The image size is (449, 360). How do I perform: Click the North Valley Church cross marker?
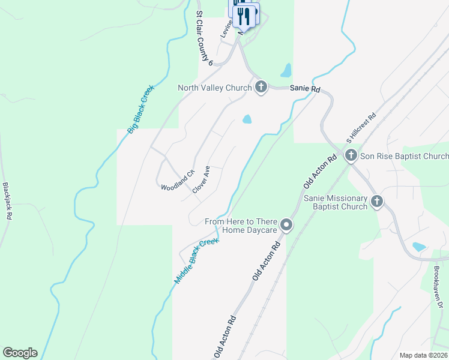(x=261, y=88)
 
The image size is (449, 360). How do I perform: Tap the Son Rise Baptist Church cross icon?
(x=351, y=156)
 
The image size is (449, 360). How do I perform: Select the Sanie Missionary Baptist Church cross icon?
(x=376, y=202)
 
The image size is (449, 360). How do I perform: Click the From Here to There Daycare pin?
(x=286, y=226)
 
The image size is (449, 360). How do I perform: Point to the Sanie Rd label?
(x=305, y=88)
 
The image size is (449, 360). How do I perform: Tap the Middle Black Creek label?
(x=197, y=261)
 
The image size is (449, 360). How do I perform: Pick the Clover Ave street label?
(x=201, y=179)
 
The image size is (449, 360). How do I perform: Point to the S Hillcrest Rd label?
(x=361, y=128)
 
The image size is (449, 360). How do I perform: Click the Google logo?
(x=20, y=353)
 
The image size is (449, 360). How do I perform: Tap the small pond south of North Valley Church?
(x=247, y=119)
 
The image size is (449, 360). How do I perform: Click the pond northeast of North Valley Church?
(x=286, y=71)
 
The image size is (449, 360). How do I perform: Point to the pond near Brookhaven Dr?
(x=419, y=247)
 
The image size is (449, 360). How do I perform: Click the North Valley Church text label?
(x=214, y=88)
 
